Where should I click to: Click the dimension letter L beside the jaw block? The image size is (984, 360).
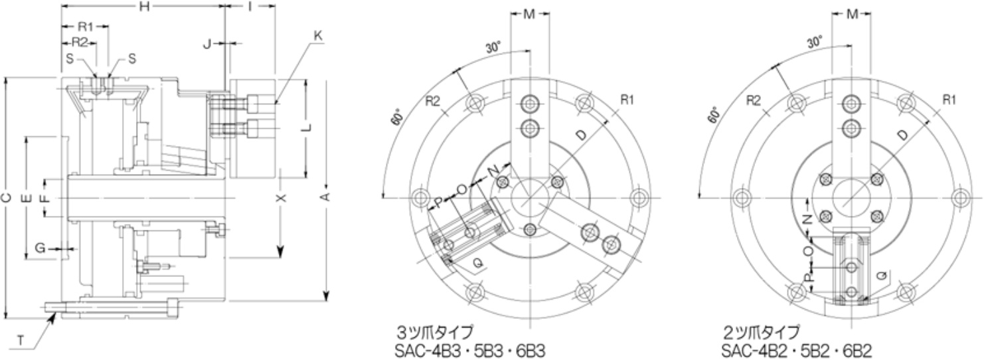coord(306,129)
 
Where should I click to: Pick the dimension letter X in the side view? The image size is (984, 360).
coord(280,198)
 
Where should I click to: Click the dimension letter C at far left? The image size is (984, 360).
coord(6,198)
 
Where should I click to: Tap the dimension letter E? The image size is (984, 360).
coord(26,198)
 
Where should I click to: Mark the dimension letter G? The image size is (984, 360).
coord(40,247)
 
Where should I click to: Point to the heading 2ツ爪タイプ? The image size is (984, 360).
coord(762,331)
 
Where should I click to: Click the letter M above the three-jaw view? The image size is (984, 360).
coord(530,15)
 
